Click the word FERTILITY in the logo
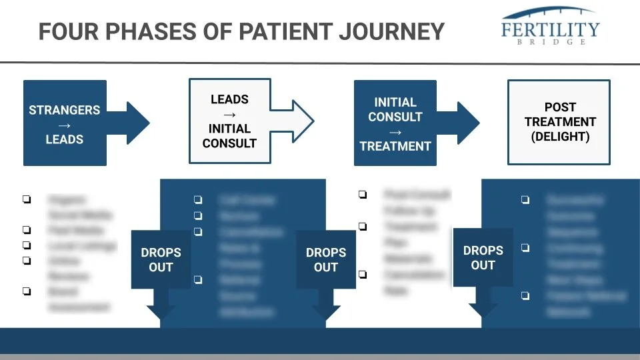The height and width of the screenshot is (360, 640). pos(551,29)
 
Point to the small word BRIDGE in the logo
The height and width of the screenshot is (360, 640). pos(551,41)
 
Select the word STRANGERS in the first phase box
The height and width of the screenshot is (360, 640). pos(65,110)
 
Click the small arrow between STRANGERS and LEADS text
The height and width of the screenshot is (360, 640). pos(65,125)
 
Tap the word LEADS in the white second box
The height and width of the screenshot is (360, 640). pos(229,99)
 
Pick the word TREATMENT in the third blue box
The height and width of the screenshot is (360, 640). pos(395,146)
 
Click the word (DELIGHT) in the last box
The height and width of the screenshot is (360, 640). pos(560,137)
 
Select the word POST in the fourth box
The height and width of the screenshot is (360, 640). pos(560,107)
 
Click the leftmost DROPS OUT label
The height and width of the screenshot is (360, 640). pos(161,260)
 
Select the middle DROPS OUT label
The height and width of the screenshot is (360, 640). pos(326,260)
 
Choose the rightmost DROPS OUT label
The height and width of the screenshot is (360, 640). pos(483,257)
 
